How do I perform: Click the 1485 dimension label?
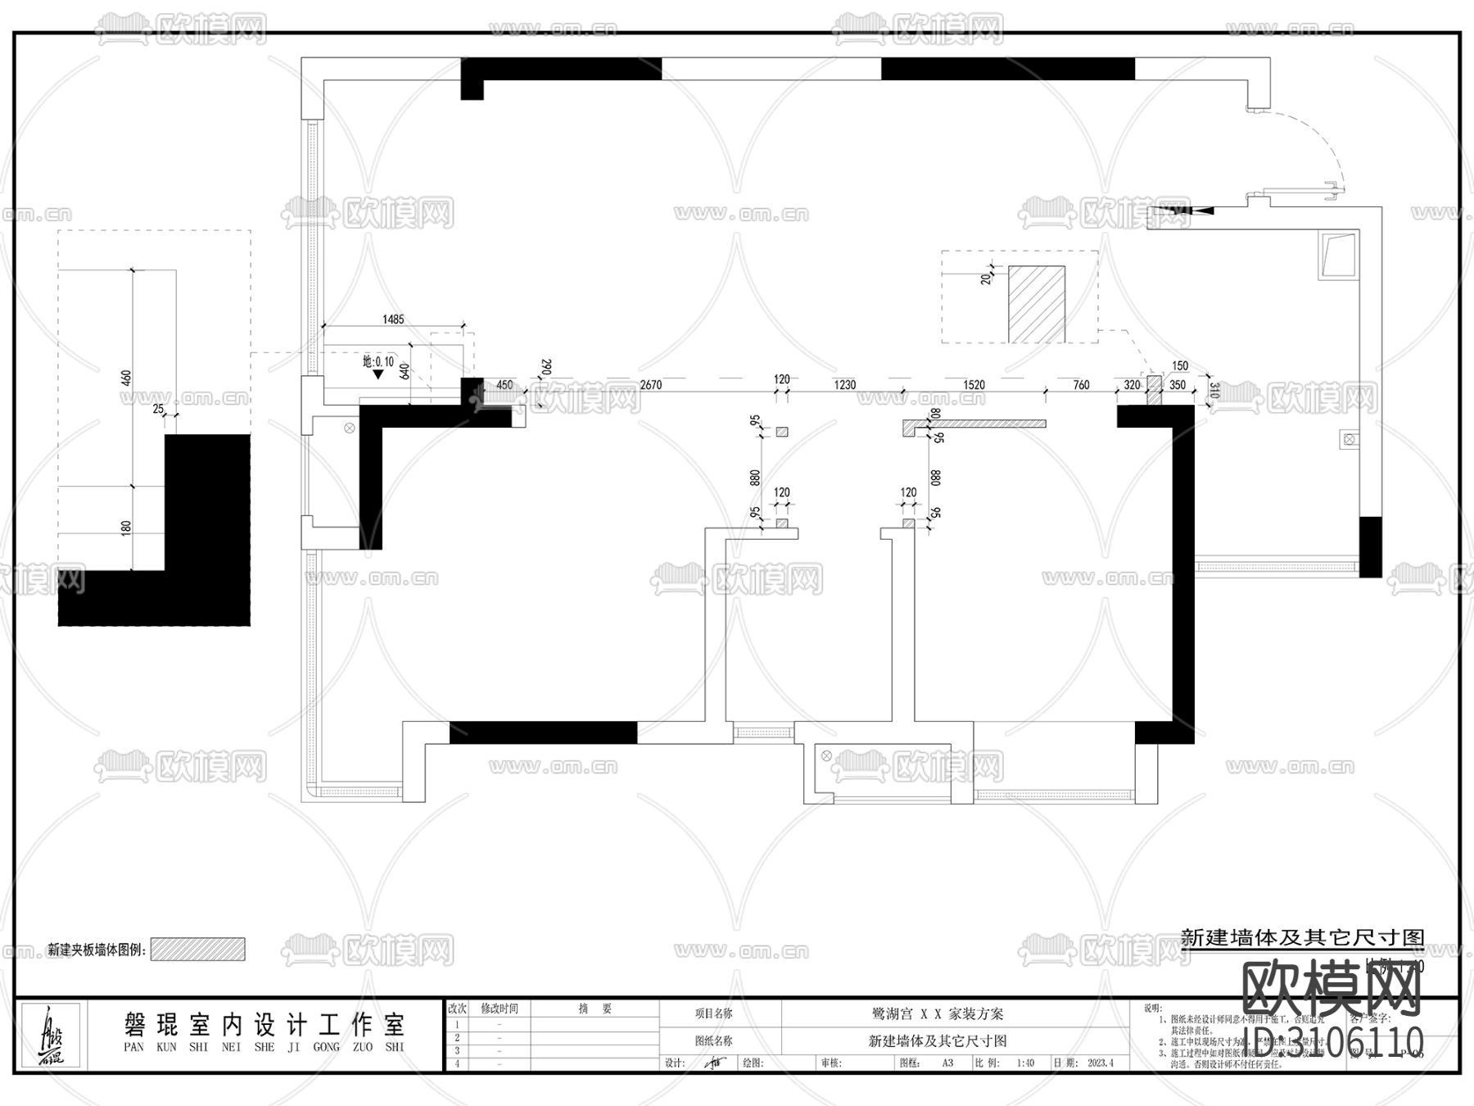[393, 320]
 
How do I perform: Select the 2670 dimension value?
[651, 385]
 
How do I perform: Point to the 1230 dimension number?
[844, 385]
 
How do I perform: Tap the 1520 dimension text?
[974, 385]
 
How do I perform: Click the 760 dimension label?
[1081, 385]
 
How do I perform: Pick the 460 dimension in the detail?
[126, 378]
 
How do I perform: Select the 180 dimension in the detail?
[126, 528]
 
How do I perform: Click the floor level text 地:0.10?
[378, 361]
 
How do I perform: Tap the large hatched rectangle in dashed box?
[1036, 304]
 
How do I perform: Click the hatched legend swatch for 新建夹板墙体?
[198, 950]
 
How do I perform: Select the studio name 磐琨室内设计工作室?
[264, 1024]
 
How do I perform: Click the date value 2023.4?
[1101, 1063]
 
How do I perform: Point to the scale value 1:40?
[1025, 1063]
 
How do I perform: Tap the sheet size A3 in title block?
[947, 1063]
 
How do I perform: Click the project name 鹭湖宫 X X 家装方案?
[938, 1013]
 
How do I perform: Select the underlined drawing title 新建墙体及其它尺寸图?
[1302, 938]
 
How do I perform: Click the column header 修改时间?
[499, 1009]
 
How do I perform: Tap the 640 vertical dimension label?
[405, 370]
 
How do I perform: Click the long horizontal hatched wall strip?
[974, 424]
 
